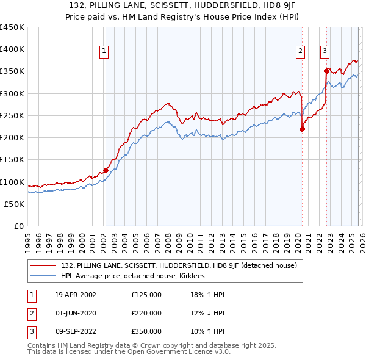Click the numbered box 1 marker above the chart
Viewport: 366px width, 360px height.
click(105, 52)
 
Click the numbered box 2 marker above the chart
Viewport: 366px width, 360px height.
click(301, 52)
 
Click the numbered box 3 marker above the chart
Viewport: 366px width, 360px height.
click(325, 52)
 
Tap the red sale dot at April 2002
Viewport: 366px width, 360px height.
click(106, 171)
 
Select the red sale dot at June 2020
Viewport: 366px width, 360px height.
click(302, 129)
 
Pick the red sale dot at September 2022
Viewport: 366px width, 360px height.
click(327, 71)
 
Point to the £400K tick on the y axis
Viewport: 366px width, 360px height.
click(12, 49)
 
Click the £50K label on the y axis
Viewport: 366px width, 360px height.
click(15, 204)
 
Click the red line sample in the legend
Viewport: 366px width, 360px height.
click(43, 265)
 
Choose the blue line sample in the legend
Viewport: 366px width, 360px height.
click(43, 276)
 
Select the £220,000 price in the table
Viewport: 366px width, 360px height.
click(146, 313)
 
